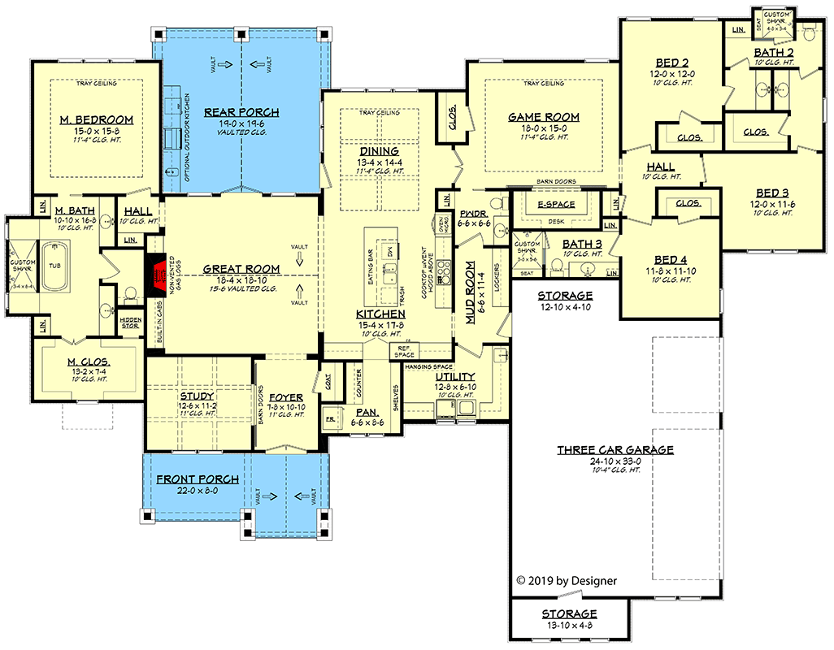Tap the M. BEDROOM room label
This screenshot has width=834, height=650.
pos(96,120)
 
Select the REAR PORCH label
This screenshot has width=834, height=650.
pos(241,112)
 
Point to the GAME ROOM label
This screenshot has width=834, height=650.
pos(544,117)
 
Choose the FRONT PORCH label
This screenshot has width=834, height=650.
pos(198,479)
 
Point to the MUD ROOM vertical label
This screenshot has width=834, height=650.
pos(470,292)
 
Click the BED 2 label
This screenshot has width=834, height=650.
pos(671,63)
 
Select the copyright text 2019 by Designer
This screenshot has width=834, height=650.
pos(567,580)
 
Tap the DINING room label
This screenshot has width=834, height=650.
pos(379,150)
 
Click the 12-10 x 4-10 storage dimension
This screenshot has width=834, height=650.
pos(565,307)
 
